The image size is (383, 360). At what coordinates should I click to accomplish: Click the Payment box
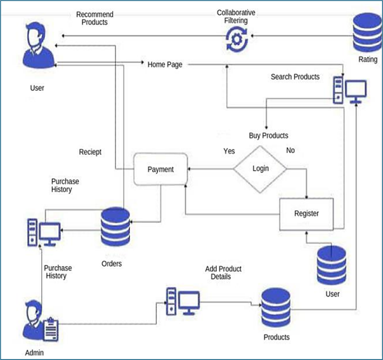pos(160,170)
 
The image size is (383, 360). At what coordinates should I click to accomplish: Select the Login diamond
pos(260,168)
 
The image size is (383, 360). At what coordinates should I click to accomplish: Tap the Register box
pos(306,214)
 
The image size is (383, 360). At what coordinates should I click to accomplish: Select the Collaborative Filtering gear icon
pos(236,40)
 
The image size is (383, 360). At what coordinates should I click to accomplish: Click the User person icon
pos(37,48)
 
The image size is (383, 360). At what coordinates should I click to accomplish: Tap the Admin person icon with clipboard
pos(39,321)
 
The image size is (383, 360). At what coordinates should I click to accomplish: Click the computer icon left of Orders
pos(43,233)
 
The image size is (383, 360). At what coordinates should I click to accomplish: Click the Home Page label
pos(165,64)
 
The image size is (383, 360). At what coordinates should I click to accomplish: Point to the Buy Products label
pos(268,135)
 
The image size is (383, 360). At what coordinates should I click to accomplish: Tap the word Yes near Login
pos(229,151)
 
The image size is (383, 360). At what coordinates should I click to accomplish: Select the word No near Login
pos(290,150)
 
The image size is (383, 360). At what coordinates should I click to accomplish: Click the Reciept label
pos(90,152)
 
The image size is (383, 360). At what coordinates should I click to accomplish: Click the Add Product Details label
pos(223,273)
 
